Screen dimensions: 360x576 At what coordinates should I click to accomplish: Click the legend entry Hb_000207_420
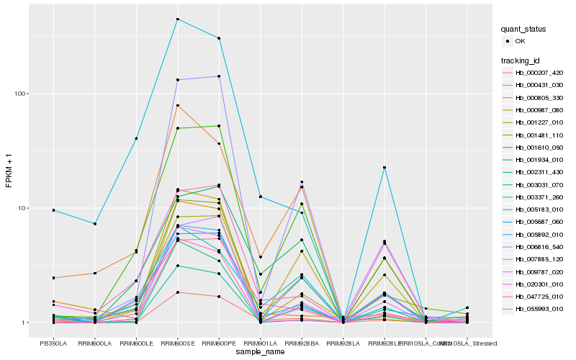coord(533,73)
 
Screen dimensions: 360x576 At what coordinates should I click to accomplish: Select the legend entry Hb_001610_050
coord(533,147)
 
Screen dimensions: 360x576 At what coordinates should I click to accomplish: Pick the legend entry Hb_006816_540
coord(533,246)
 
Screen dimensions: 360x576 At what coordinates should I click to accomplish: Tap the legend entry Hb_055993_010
coord(533,308)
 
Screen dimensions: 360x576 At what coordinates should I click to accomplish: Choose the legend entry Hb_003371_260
coord(533,197)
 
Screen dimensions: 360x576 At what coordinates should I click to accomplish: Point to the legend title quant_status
coord(524,30)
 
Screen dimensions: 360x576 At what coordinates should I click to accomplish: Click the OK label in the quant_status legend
coord(521,41)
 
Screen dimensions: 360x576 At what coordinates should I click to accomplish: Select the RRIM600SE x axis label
coord(177,343)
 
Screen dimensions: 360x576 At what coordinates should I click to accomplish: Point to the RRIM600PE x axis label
coord(219,343)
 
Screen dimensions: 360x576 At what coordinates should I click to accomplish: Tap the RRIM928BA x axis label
coord(302,343)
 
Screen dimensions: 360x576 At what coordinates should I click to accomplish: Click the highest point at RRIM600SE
coord(177,19)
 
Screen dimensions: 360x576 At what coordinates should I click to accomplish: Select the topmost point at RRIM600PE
coord(219,38)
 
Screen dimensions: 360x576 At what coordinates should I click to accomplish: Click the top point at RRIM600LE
coord(136,138)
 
